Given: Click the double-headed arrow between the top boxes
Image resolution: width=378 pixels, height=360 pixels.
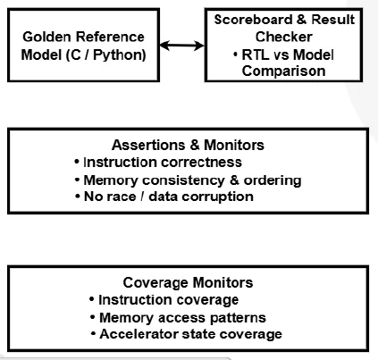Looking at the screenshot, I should point(181,44).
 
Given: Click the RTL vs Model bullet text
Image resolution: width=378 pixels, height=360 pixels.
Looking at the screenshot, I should point(291,54).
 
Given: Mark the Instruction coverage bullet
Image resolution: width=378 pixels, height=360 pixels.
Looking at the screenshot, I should point(169,300).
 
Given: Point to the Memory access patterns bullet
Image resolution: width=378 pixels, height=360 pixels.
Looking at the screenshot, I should point(181,317).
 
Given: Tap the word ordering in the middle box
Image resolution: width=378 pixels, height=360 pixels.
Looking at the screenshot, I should point(272,179).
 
